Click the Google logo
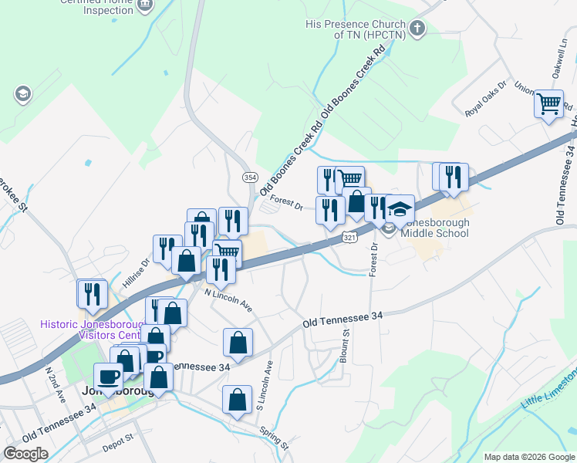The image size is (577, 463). click(25, 454)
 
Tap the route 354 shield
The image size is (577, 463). click(250, 177)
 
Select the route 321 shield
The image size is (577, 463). click(349, 238)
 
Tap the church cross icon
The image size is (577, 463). click(417, 29)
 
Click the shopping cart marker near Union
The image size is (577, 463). click(549, 103)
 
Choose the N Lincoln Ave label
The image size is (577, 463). click(229, 300)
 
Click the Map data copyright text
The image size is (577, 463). click(529, 457)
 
